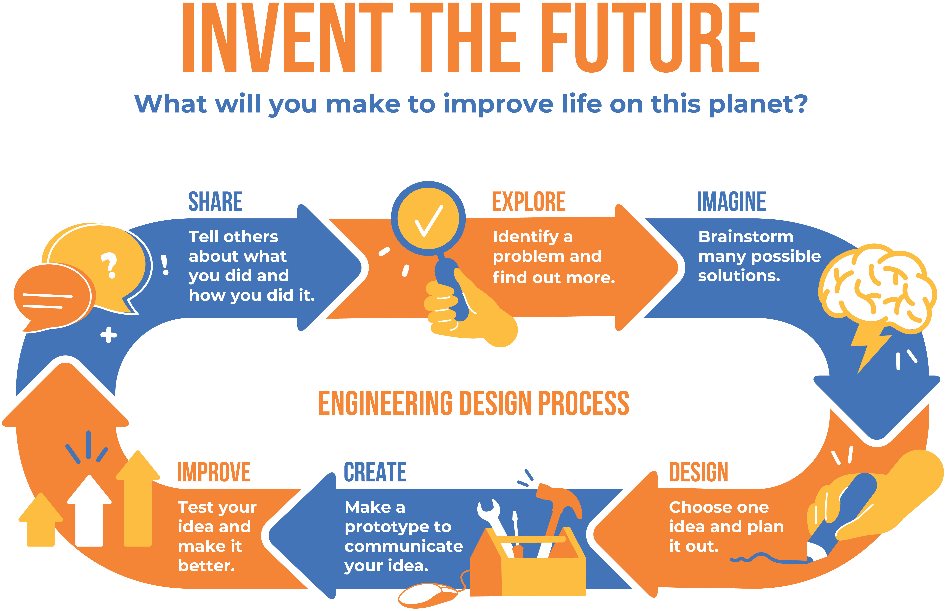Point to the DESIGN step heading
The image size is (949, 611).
(x=699, y=472)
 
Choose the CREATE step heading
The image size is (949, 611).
(x=375, y=472)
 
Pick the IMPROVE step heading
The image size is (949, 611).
(x=214, y=472)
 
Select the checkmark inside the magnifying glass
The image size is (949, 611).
(x=429, y=221)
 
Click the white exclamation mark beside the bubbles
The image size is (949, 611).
(x=165, y=265)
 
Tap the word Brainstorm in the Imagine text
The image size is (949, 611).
(x=746, y=237)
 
